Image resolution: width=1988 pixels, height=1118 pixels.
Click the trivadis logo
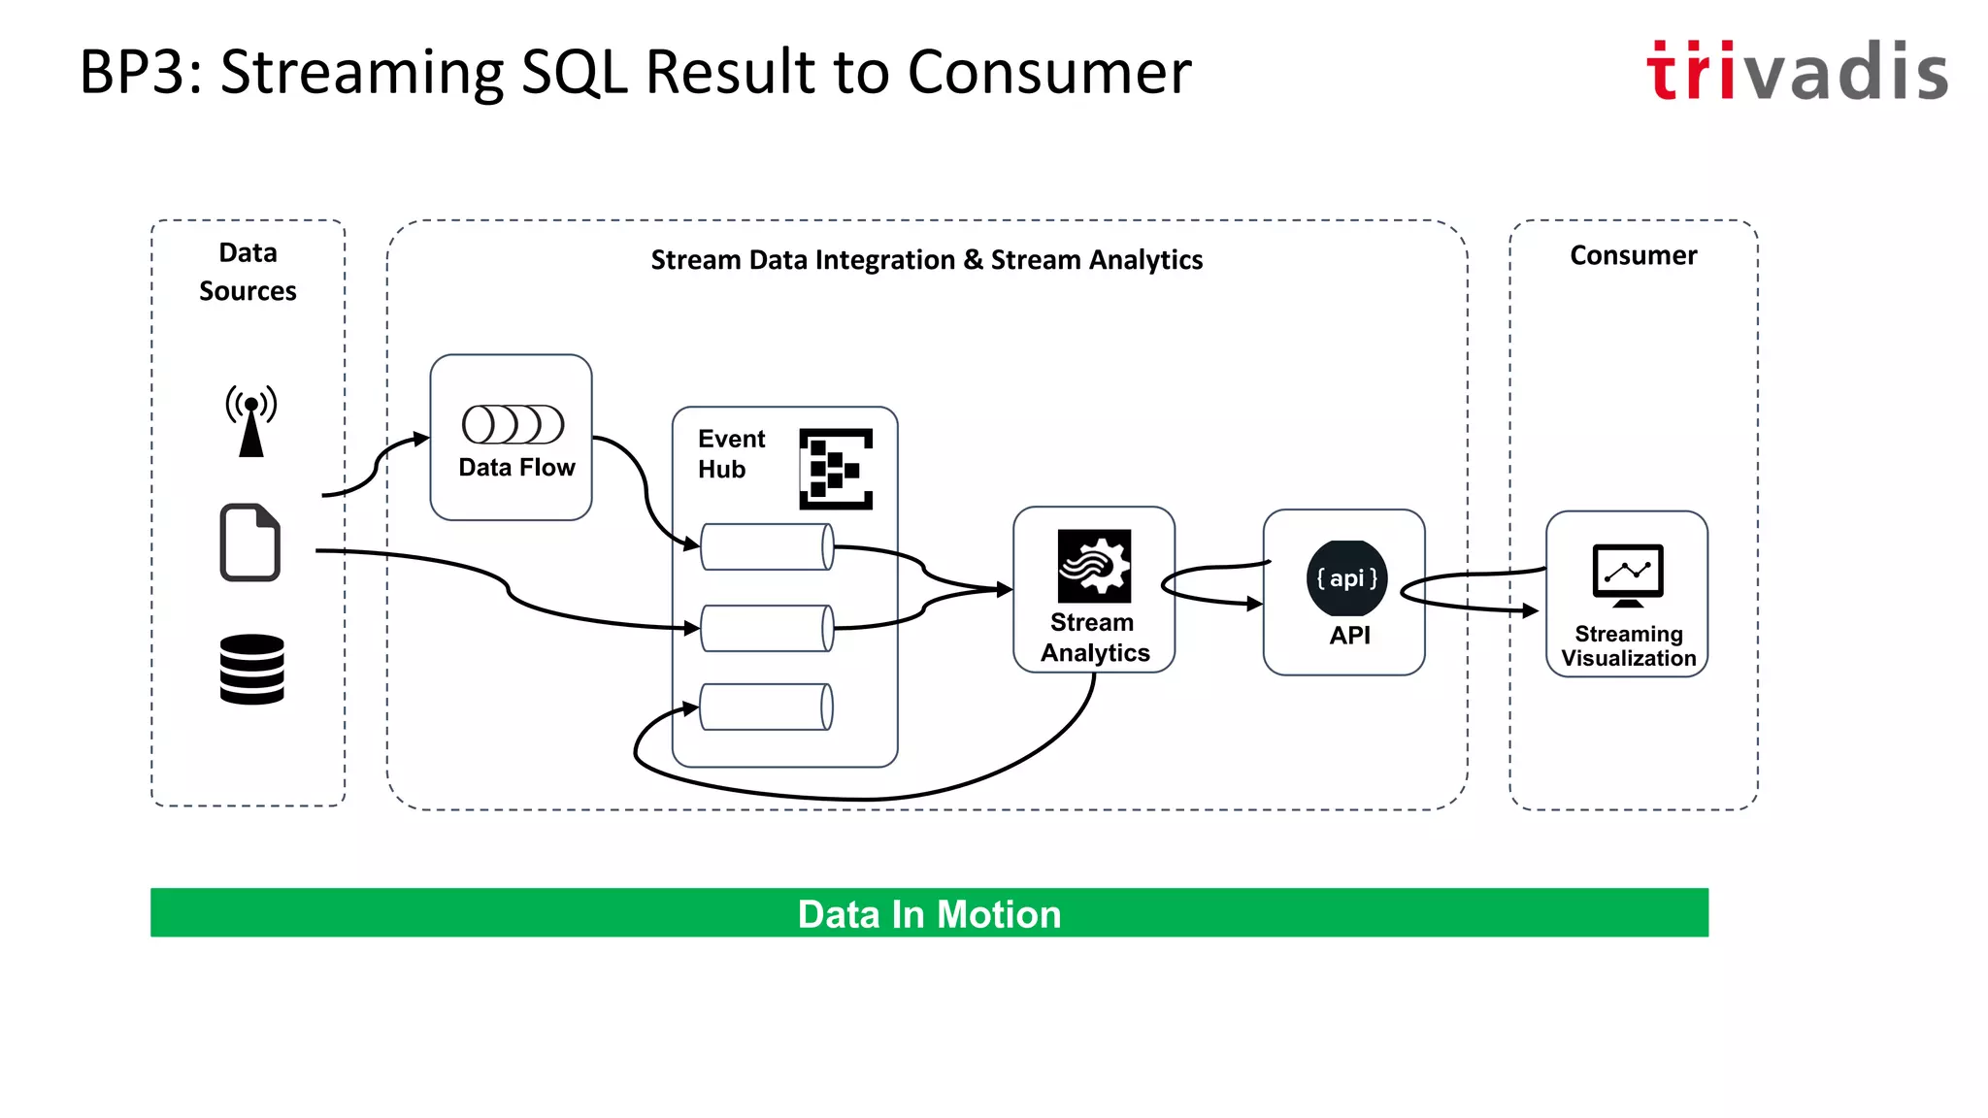pos(1796,71)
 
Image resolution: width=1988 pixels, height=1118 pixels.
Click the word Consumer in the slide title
pos(1048,73)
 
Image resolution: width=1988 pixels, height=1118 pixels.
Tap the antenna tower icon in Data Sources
pos(251,419)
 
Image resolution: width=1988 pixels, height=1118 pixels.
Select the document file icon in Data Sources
pos(250,543)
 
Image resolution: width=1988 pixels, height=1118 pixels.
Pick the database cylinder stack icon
pos(251,669)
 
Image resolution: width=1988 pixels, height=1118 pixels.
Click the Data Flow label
pos(516,468)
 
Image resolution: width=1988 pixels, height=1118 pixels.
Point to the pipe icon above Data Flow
pos(513,424)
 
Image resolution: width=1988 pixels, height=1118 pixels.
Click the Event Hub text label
pos(731,454)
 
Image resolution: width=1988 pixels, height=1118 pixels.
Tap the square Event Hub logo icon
pos(836,469)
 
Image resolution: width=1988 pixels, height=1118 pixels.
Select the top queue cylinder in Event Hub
pos(767,547)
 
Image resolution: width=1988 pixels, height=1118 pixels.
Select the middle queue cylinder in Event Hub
pos(767,628)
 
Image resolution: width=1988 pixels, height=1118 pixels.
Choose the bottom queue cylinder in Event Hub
pos(766,707)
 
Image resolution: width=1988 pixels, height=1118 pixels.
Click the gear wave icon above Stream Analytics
pos(1094,566)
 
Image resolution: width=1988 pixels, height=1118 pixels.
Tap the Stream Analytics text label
pos(1094,638)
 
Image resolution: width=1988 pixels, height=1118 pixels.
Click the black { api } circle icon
pos(1346,578)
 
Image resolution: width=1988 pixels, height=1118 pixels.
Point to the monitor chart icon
pos(1628,575)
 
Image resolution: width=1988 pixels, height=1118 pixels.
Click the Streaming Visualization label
pos(1628,646)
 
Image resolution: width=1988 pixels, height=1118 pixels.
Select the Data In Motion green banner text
pos(929,914)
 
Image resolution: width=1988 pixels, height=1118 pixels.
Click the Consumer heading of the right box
pos(1633,255)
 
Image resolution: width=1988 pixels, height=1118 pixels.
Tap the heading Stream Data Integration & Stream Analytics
pos(926,260)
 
